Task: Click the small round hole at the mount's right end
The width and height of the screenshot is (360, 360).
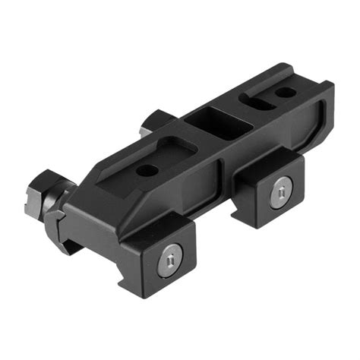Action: pos(286,93)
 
